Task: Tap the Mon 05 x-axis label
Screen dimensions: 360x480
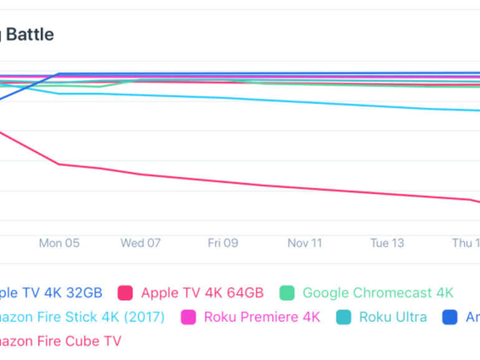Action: click(59, 243)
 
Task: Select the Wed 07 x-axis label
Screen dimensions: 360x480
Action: click(141, 243)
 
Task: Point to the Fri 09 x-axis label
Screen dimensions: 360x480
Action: click(223, 243)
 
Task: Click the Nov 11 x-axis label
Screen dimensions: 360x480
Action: click(305, 243)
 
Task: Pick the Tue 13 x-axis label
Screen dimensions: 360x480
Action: click(387, 243)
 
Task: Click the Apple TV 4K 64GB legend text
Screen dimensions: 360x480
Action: click(202, 293)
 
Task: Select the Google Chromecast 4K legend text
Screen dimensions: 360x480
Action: click(378, 293)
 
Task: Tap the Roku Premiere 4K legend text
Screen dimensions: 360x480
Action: click(262, 317)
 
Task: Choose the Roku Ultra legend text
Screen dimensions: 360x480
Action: click(393, 317)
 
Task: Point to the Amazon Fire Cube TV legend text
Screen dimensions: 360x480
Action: click(60, 341)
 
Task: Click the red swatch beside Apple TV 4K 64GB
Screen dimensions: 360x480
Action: click(125, 293)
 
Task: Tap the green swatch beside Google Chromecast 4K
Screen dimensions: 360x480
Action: click(287, 293)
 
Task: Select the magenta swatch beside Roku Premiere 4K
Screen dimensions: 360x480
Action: click(188, 317)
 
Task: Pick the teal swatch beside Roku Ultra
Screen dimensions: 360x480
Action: click(343, 317)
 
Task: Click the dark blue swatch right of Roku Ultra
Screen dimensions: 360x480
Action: click(450, 317)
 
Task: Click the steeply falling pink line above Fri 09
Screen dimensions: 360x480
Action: click(223, 181)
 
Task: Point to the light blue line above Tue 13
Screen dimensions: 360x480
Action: click(387, 106)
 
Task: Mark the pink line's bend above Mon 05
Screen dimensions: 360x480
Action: click(59, 164)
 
